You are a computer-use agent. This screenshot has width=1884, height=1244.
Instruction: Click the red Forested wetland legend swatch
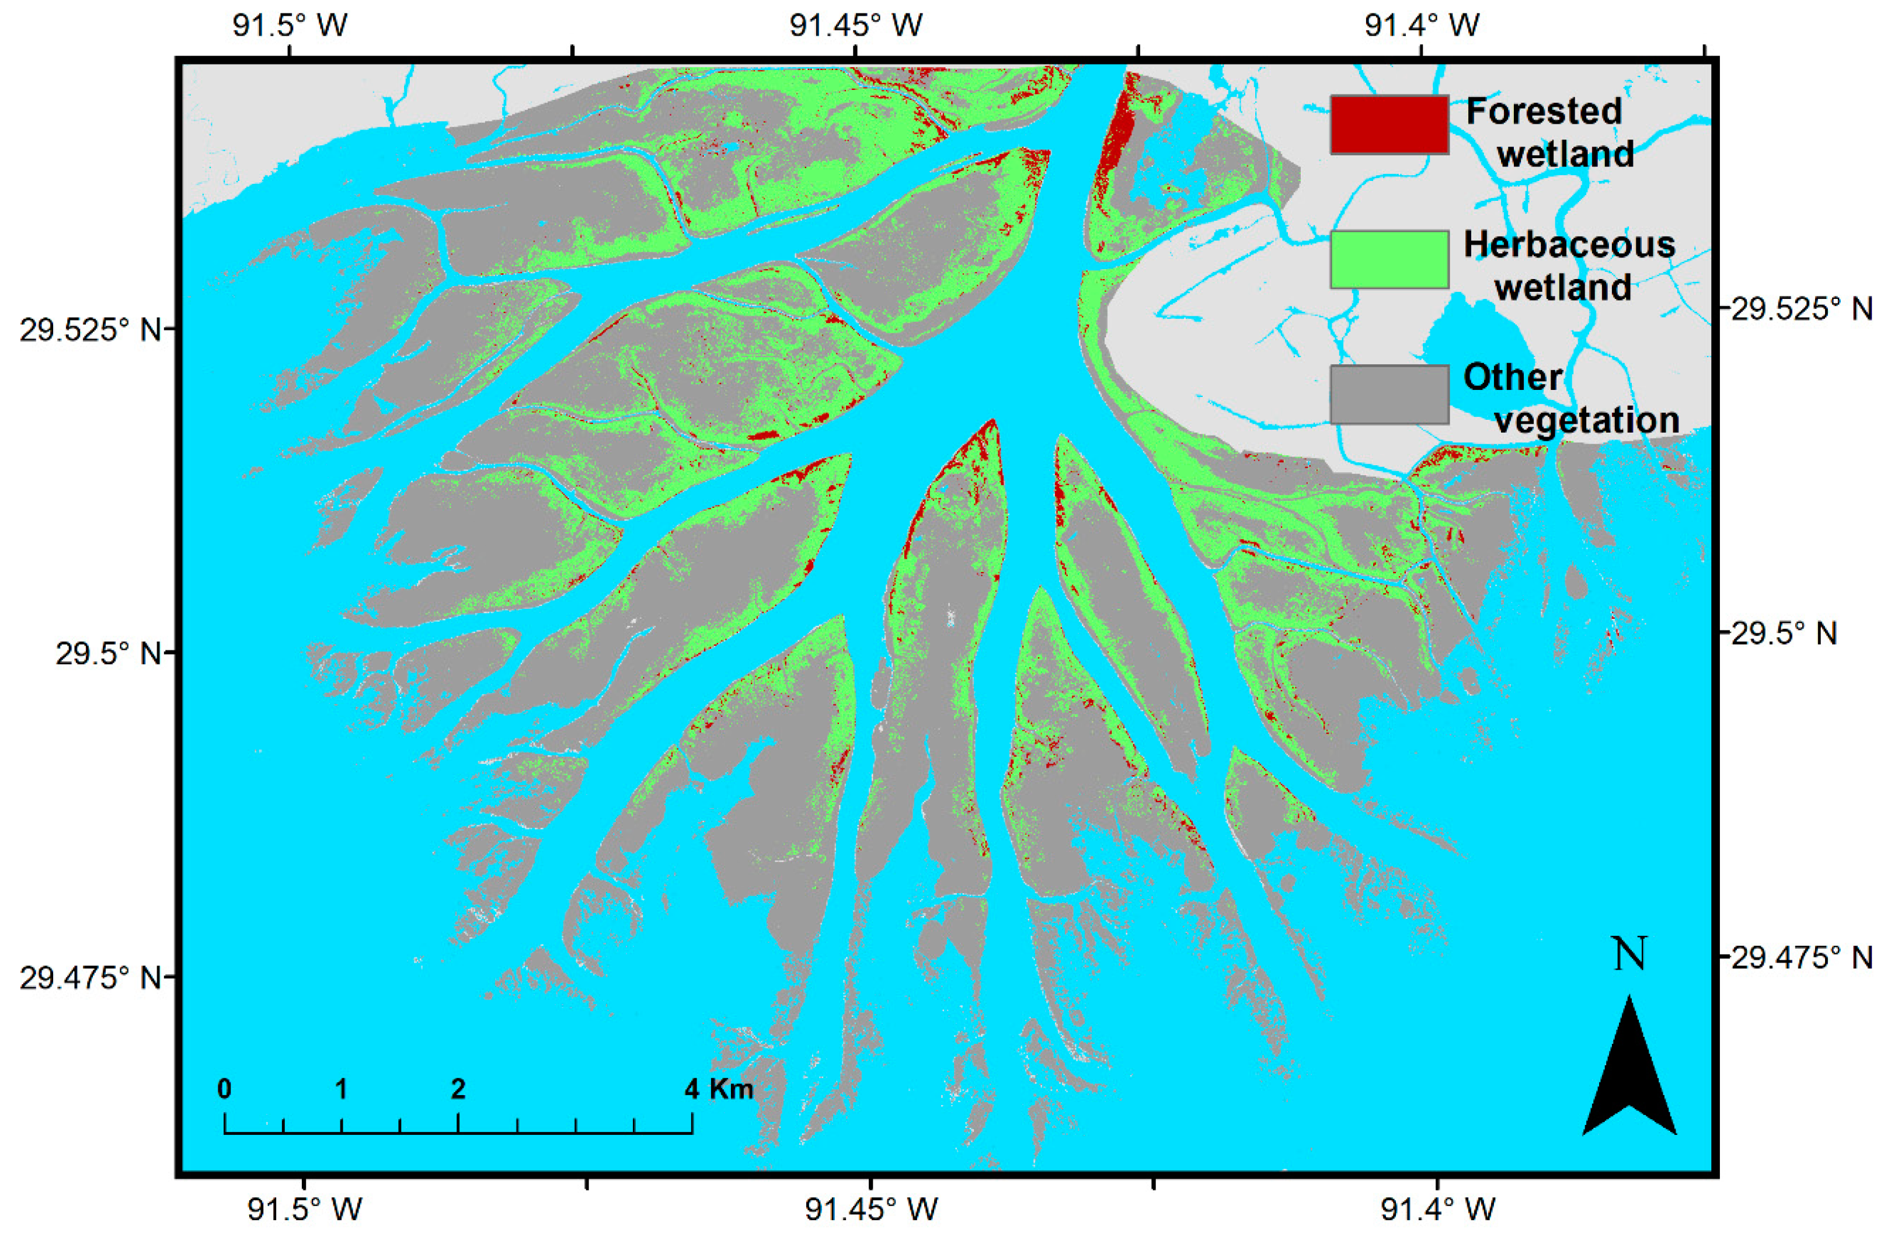click(x=1389, y=124)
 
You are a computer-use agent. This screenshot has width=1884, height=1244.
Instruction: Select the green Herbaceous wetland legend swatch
click(x=1389, y=259)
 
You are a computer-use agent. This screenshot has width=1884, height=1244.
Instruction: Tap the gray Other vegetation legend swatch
click(x=1389, y=394)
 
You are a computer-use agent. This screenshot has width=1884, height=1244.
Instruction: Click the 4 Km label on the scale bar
click(x=719, y=1089)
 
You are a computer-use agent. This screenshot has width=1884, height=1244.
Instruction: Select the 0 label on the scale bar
click(x=225, y=1089)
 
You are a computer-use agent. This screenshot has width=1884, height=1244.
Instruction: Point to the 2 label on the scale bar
click(x=458, y=1089)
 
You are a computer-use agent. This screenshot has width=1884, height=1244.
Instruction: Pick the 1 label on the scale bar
click(x=341, y=1089)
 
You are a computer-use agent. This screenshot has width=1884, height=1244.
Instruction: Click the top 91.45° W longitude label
click(x=856, y=25)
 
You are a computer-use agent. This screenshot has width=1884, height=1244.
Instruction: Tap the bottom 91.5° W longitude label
click(x=305, y=1209)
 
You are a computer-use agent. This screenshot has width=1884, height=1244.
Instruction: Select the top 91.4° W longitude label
click(x=1422, y=25)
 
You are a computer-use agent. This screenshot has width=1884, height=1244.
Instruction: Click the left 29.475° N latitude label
click(x=90, y=977)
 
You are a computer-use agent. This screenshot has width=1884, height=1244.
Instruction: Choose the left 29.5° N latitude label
click(x=107, y=653)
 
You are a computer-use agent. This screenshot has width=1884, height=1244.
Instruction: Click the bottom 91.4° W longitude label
click(x=1437, y=1209)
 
